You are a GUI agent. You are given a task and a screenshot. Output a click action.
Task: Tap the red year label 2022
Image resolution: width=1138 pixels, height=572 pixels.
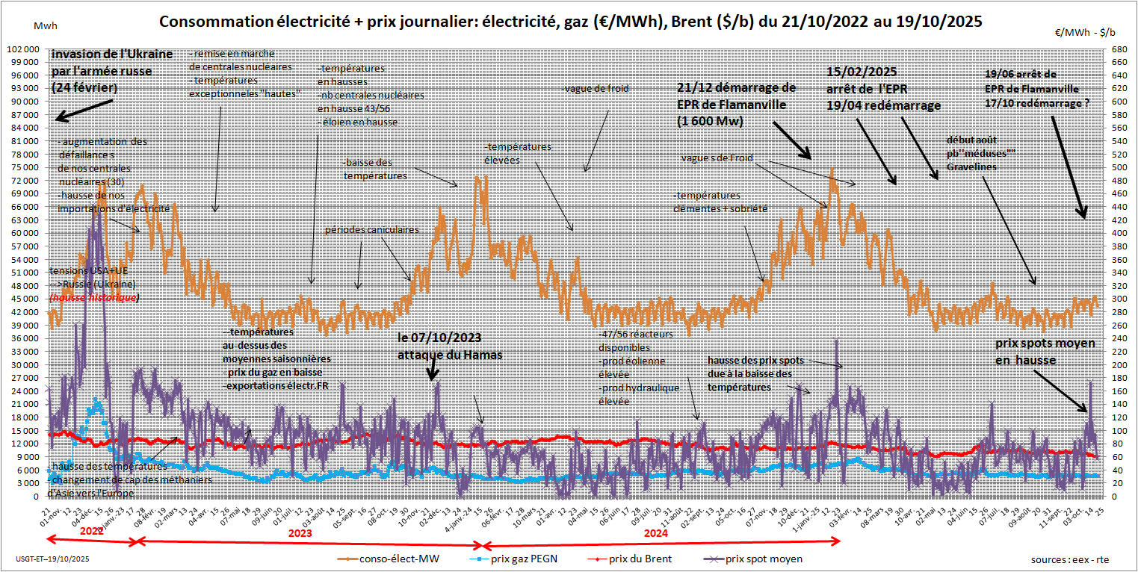(90, 531)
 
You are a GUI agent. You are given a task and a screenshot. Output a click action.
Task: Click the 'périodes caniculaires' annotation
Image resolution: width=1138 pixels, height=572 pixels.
(371, 230)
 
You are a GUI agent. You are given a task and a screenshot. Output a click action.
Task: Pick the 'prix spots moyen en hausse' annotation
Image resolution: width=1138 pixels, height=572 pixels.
(1045, 351)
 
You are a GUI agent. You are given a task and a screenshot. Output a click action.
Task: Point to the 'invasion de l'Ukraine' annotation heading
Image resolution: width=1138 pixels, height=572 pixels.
(112, 55)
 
